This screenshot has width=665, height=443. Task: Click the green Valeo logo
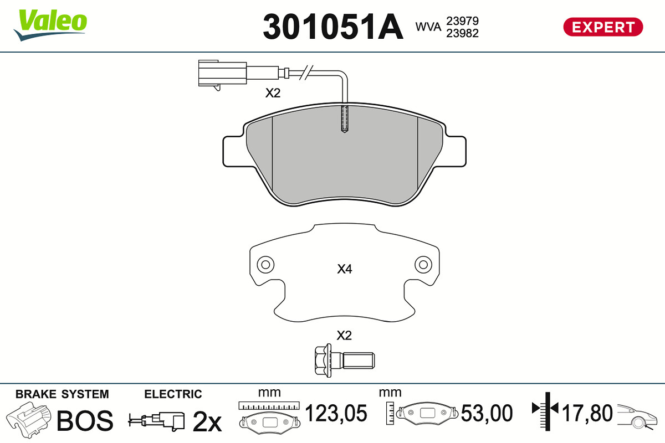pos(50,25)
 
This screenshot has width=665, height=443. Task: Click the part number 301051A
pos(333,27)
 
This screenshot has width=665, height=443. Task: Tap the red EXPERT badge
pos(603,27)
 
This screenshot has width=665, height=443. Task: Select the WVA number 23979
pos(462,21)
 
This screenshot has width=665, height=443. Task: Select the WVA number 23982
pos(462,34)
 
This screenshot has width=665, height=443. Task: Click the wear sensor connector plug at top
pos(223,74)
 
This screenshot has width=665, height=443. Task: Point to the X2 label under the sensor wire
pos(273,93)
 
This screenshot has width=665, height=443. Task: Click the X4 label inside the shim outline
pos(344,269)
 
